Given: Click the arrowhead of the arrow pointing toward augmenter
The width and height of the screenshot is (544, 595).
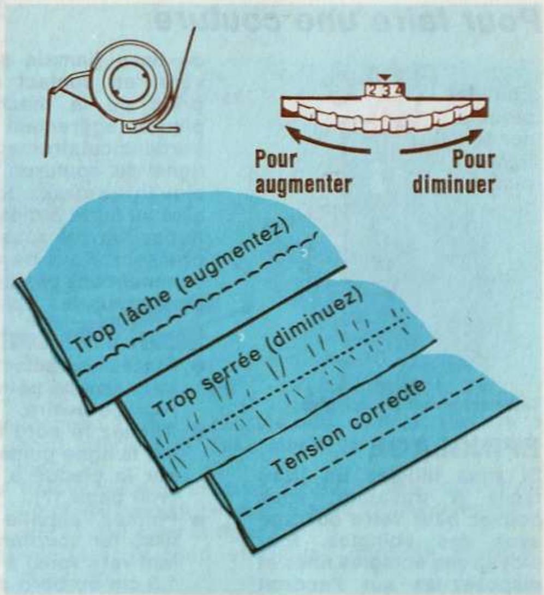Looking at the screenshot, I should tap(289, 130).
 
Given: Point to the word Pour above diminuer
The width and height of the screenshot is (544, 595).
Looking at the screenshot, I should tap(473, 161).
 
